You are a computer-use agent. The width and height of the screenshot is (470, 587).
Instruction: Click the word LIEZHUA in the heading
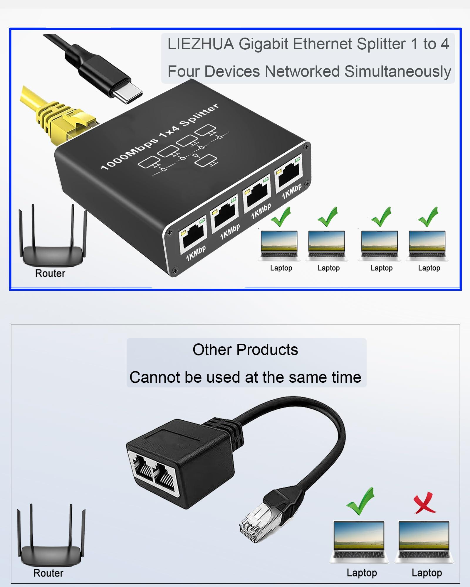point(201,44)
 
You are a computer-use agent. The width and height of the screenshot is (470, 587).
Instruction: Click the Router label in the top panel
point(50,273)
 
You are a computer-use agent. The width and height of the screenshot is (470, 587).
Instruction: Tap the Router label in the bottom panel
point(48,573)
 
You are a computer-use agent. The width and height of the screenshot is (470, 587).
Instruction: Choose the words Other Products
point(245,350)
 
